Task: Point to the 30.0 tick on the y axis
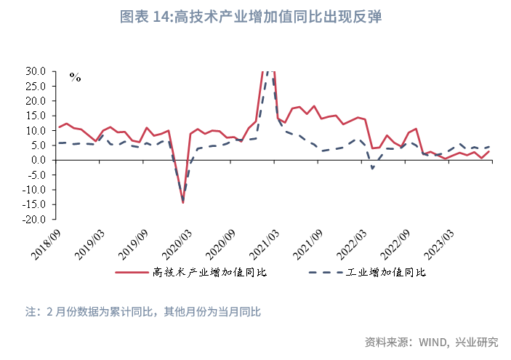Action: [x=36, y=71]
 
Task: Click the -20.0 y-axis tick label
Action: [x=33, y=219]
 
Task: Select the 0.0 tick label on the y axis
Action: [x=39, y=160]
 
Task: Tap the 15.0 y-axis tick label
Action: [x=36, y=116]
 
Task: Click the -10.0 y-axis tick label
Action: [x=33, y=189]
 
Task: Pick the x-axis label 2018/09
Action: [x=47, y=239]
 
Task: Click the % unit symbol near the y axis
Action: [x=75, y=76]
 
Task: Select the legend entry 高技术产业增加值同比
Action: [x=210, y=273]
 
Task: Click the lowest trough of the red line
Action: [x=182, y=202]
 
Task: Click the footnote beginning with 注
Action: [x=143, y=312]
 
